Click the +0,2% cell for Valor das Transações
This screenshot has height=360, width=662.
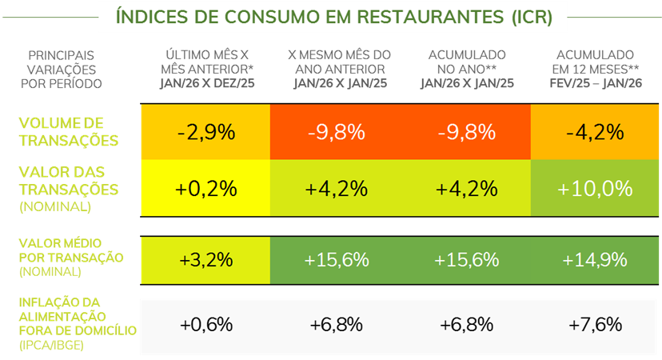coord(206,189)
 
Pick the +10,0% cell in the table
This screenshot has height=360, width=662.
coord(595,189)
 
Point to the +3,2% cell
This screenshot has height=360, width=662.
coord(206,260)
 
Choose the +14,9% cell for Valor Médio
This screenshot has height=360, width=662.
coord(595,260)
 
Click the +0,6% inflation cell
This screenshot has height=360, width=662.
coord(206,325)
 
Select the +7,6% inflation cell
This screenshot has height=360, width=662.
coord(595,325)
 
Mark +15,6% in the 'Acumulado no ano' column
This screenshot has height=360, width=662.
coord(466,260)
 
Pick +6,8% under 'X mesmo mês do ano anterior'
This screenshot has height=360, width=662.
coord(337,325)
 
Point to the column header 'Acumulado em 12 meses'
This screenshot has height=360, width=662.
coord(596,62)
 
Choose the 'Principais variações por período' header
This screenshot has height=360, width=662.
coord(60,69)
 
